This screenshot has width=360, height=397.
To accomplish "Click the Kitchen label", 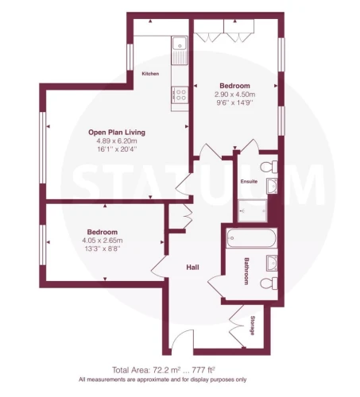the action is (150, 74).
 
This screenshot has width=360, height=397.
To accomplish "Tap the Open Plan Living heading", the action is (117, 132).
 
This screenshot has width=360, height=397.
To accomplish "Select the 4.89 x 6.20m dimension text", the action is (117, 141).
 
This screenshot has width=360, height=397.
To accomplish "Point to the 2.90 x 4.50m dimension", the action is (234, 94).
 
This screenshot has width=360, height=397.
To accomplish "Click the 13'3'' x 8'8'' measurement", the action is (103, 249).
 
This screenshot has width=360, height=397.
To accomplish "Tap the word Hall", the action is (192, 268).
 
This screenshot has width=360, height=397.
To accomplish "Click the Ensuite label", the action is (249, 182).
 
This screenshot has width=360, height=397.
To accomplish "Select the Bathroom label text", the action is (246, 271).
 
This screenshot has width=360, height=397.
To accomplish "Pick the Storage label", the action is (253, 326).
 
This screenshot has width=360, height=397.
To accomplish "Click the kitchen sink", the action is (180, 50).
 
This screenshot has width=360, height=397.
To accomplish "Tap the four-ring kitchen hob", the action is (180, 95).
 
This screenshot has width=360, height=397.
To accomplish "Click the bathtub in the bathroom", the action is (251, 238).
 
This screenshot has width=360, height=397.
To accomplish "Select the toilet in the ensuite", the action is (269, 167).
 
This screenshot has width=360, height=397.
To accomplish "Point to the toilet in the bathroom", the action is (269, 283).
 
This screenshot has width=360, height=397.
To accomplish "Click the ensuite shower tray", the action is (252, 211).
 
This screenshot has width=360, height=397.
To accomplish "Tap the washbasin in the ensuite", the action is (272, 186).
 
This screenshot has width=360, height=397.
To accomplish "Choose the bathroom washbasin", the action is (272, 263).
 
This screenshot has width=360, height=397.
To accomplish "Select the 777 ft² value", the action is (203, 370).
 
